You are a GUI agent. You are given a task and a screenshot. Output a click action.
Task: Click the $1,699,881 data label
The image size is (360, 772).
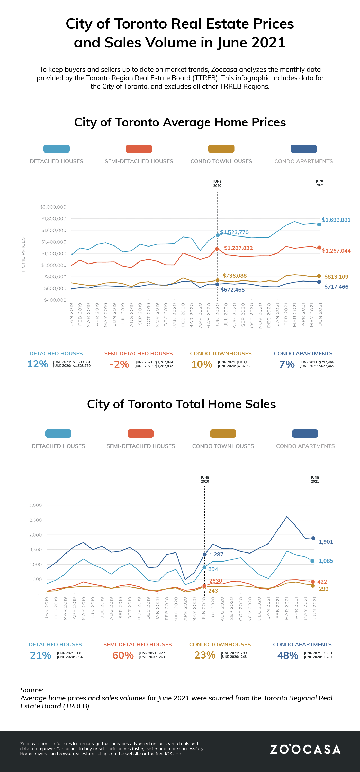coord(336,220)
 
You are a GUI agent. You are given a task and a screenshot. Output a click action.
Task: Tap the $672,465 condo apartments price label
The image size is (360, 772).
coord(232,290)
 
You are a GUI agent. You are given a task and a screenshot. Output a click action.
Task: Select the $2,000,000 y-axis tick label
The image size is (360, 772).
coord(53,207)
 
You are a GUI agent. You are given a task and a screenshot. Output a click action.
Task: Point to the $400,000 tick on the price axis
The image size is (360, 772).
coord(55,300)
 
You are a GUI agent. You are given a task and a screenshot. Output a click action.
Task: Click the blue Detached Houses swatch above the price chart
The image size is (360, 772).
coord(57,149)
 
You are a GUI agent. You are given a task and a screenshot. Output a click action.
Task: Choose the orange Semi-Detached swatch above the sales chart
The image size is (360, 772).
coord(141,434)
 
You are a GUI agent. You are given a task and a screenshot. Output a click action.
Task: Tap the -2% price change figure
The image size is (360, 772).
coord(119,364)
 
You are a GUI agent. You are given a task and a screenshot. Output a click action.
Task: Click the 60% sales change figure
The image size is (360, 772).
coord(123,655)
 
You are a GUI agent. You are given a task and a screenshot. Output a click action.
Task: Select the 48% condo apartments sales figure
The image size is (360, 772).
coord(287,655)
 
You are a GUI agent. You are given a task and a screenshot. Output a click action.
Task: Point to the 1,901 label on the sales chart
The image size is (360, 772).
coord(326,542)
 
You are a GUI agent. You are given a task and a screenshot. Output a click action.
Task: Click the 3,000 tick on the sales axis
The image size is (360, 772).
coord(35,505)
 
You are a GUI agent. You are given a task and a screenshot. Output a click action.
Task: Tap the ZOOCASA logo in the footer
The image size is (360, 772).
coord(305,749)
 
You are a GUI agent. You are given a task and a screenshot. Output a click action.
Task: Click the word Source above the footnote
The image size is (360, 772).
coord(31,690)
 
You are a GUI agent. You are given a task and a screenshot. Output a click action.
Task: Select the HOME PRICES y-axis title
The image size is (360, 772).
coord(23,255)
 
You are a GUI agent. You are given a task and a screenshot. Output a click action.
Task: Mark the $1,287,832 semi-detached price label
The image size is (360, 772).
coord(238,248)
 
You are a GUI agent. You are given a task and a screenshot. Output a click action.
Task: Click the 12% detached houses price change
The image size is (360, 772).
coord(38,364)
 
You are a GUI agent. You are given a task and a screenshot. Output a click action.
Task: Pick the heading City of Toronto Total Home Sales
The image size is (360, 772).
coord(181,404)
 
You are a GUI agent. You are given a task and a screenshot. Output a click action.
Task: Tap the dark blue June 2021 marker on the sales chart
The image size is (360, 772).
coord(313,538)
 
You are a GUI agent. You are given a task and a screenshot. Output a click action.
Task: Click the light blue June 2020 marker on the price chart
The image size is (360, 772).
coord(218,235)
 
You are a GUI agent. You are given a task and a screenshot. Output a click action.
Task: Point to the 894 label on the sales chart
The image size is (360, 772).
coord(213,569)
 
